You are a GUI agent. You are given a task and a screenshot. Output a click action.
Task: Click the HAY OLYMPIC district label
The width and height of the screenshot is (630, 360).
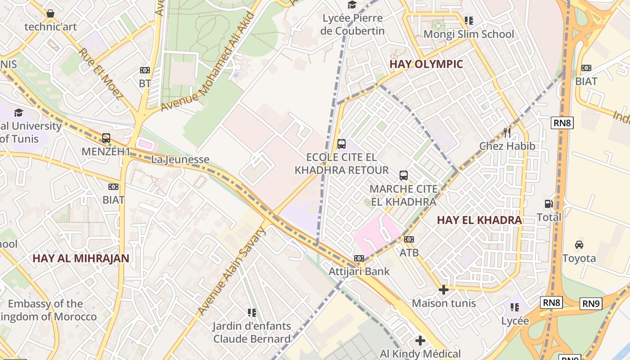[x=426, y=64]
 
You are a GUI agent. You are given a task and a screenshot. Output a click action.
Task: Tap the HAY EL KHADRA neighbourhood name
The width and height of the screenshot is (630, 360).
[x=479, y=220]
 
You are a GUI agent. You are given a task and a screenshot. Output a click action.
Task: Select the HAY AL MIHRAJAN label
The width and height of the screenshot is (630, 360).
[x=81, y=258]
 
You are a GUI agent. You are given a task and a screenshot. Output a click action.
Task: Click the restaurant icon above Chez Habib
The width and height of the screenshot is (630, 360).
[x=507, y=132]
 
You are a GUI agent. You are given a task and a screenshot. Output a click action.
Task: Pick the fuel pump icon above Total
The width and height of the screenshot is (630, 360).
[x=549, y=204]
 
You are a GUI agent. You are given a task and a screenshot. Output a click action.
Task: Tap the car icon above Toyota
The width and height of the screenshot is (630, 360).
[x=579, y=244]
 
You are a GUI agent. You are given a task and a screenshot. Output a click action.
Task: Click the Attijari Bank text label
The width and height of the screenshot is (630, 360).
[x=359, y=271]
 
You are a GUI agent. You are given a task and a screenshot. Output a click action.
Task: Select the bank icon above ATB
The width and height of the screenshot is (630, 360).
[x=409, y=239]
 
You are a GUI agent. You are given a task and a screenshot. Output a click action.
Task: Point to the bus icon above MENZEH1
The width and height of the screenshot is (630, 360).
[x=106, y=138]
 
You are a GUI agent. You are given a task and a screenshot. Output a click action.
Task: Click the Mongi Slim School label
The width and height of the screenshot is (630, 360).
[x=469, y=34]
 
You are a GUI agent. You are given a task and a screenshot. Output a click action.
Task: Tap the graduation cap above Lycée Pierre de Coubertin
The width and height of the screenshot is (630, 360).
[x=352, y=4]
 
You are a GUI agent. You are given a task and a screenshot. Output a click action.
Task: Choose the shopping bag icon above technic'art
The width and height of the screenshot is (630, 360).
[x=50, y=13]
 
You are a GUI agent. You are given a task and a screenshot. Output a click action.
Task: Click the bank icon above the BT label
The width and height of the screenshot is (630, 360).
[x=144, y=70]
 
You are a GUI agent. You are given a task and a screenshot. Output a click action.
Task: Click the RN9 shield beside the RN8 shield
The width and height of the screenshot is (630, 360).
[x=591, y=304]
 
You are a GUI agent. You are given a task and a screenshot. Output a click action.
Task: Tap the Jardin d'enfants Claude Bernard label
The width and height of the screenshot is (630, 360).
[x=252, y=332]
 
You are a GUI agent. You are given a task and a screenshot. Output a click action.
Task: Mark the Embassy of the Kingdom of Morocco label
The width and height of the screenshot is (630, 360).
[x=47, y=310]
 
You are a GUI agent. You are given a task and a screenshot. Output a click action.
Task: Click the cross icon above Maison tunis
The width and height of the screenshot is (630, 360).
[x=443, y=290]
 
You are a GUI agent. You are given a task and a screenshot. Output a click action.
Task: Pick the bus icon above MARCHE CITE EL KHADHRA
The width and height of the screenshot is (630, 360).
[x=404, y=175]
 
